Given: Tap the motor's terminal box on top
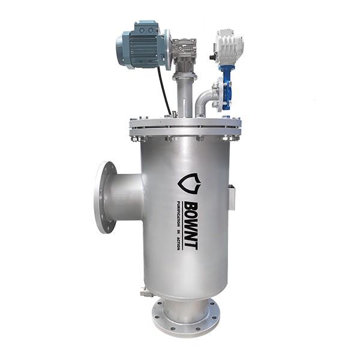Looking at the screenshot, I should click(146, 28).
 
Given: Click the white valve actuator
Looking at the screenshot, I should click(229, 46).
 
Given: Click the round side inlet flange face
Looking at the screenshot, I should click(104, 197).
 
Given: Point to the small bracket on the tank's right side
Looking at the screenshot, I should click(232, 197).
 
